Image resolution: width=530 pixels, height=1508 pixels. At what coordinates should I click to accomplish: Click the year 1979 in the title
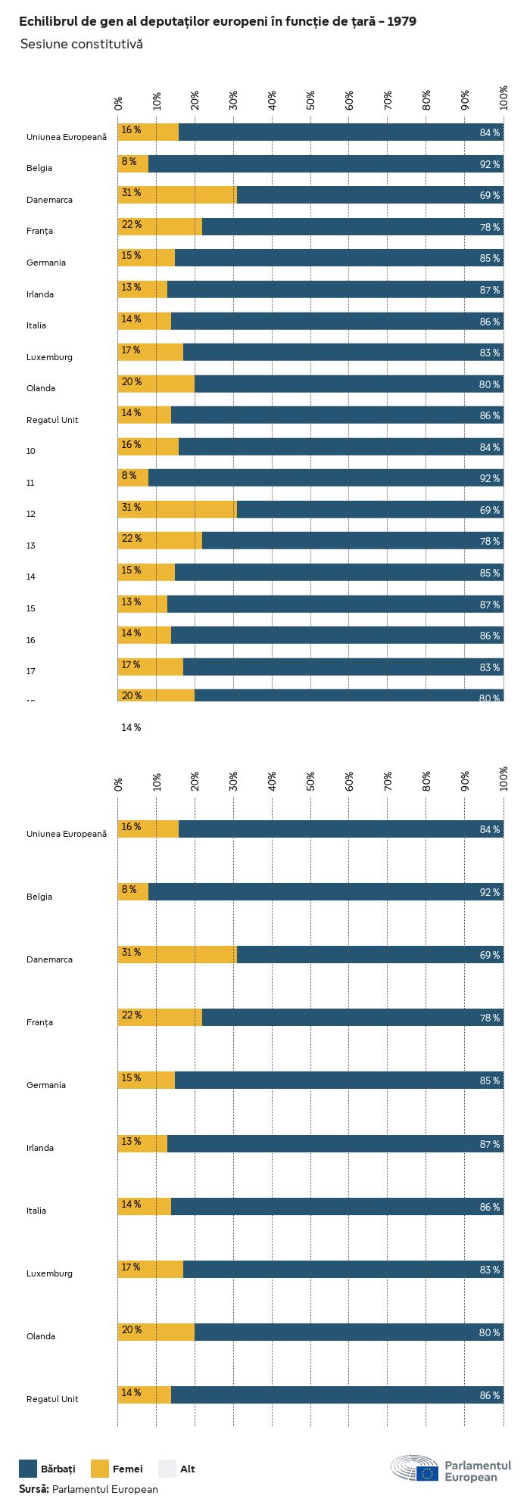pos(401,22)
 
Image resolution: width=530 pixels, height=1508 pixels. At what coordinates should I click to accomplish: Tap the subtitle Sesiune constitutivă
pos(82,45)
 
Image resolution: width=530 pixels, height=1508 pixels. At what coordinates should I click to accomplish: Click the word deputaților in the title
pos(179,22)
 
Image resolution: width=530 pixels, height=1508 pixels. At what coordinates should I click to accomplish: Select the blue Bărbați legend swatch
pos(28,1469)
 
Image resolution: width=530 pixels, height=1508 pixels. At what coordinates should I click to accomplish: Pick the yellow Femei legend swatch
pos(100,1469)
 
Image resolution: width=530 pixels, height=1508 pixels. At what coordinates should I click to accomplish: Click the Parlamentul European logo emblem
pos(415,1468)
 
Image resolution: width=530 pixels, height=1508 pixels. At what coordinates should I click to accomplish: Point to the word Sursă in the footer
pos(34,1489)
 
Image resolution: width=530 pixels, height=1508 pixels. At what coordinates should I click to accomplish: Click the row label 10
pos(31,451)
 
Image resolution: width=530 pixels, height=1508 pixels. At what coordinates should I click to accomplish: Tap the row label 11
pos(30,483)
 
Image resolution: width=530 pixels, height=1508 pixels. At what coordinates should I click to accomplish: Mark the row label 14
pos(31,577)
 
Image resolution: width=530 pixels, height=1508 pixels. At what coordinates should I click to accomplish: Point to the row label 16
pos(31,640)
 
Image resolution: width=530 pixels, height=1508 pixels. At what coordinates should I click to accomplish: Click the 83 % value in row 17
pos(489,667)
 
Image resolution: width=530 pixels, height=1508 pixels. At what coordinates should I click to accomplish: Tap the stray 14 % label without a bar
pos(131,728)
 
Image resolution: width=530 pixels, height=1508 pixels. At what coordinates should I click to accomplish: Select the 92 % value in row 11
pos(489,478)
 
